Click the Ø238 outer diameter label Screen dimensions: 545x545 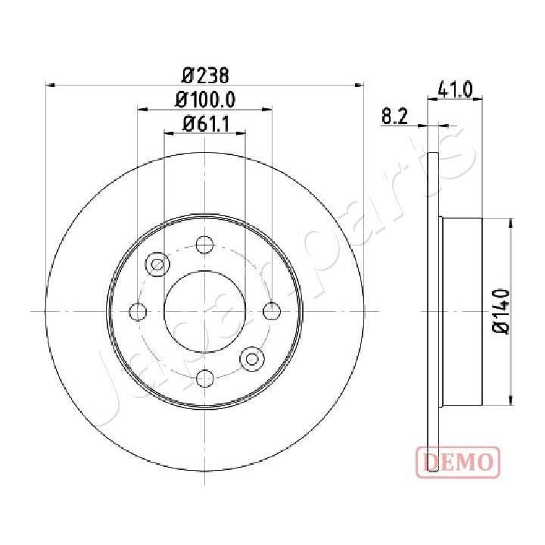[x=205, y=76]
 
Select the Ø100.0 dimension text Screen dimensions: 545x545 [x=205, y=99]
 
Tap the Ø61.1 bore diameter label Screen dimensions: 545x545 [x=205, y=123]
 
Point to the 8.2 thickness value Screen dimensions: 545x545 [x=395, y=116]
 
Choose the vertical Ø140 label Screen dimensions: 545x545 [x=500, y=311]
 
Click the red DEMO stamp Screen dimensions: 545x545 [x=457, y=460]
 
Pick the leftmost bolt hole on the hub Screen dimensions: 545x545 [x=139, y=311]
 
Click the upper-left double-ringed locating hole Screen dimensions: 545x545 [x=157, y=264]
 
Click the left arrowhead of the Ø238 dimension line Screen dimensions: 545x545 [x=51, y=85]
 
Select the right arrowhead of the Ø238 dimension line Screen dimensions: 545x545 [x=360, y=85]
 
